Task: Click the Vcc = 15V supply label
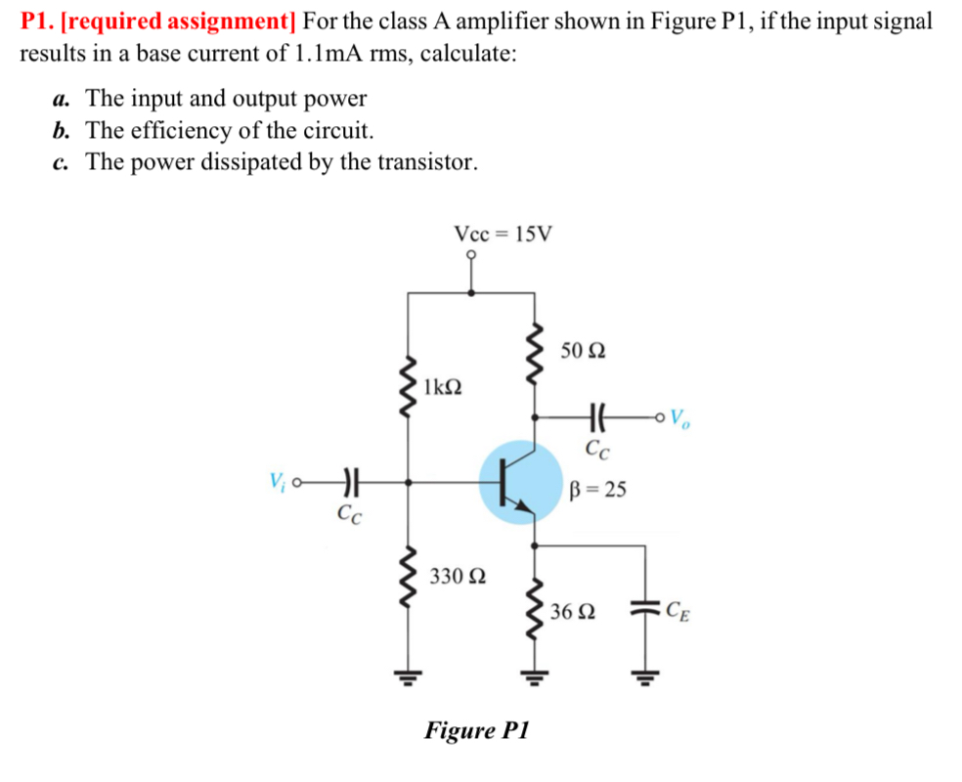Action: pos(503,234)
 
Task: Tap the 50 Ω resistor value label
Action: pos(584,350)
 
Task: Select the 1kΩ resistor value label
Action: pos(445,385)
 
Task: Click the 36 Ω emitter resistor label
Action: pos(572,613)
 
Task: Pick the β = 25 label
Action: pos(597,490)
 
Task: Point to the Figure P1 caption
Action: pos(476,729)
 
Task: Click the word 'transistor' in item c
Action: pos(422,161)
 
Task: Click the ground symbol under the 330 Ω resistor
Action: pos(410,673)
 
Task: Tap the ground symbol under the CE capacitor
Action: pos(644,673)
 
